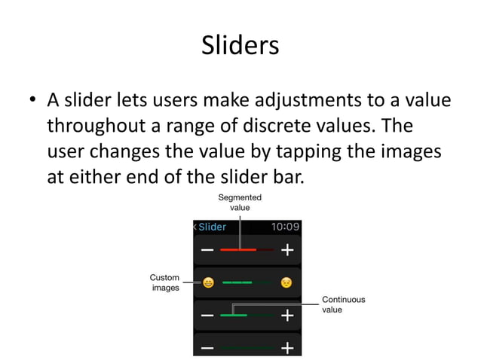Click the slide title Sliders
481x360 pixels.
pyautogui.click(x=240, y=46)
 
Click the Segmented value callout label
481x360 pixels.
pyautogui.click(x=240, y=203)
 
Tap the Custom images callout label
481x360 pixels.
pyautogui.click(x=164, y=282)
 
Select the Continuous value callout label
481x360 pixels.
pyautogui.click(x=343, y=304)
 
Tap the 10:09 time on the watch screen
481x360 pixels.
pyautogui.click(x=285, y=226)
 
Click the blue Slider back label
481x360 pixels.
pyautogui.click(x=212, y=226)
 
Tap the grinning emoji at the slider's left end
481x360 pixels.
pyautogui.click(x=208, y=282)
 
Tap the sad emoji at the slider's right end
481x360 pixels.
pyautogui.click(x=286, y=282)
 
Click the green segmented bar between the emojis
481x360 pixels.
pyautogui.click(x=246, y=282)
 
